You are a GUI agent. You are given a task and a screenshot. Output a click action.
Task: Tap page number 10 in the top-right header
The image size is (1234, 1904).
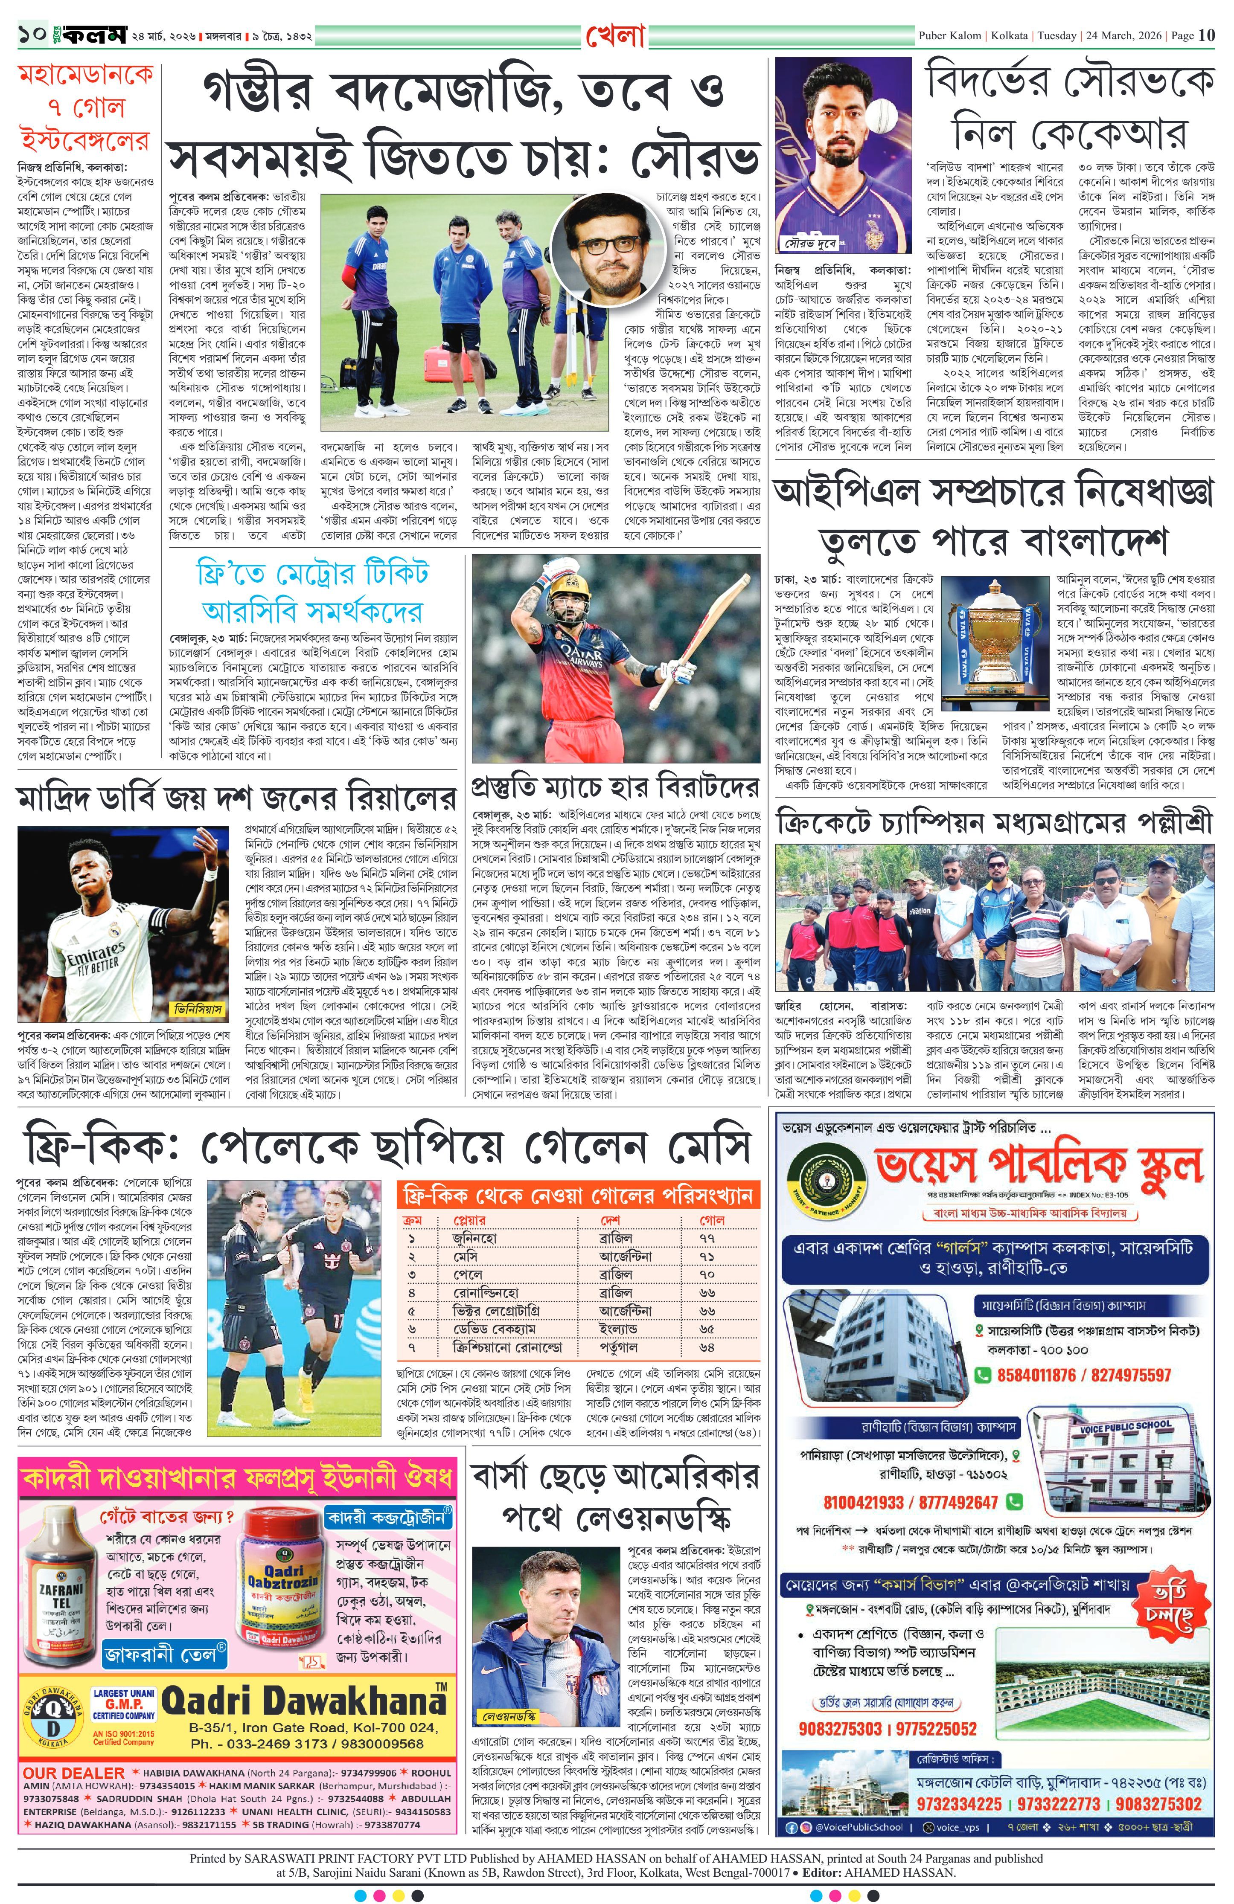pyautogui.click(x=1207, y=35)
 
